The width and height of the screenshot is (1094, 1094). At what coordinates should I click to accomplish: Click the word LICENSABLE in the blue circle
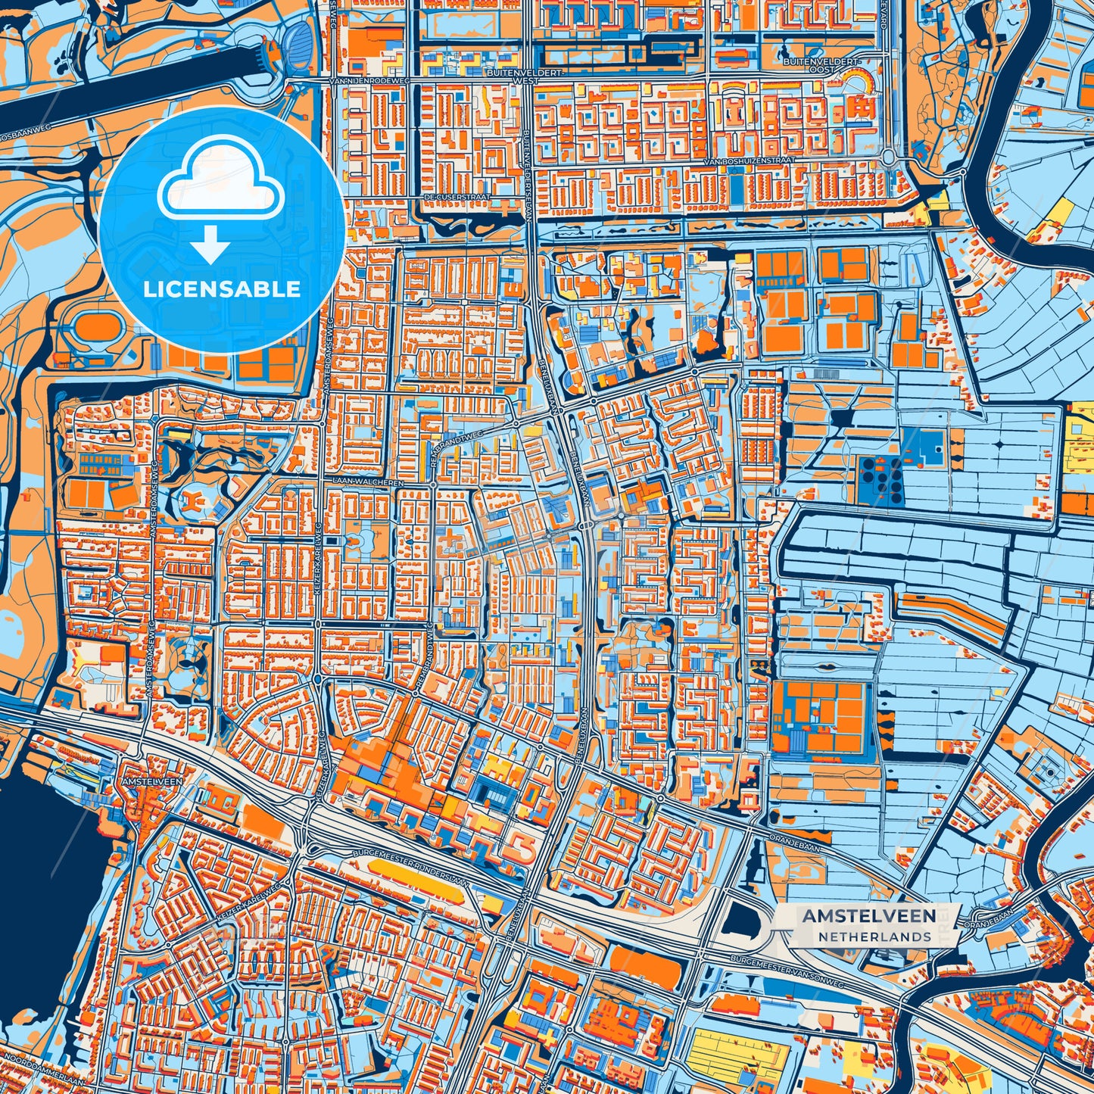click(221, 289)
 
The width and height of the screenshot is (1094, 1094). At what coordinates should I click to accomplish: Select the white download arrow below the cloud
click(210, 244)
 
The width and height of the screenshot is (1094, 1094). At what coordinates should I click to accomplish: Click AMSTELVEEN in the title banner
click(868, 916)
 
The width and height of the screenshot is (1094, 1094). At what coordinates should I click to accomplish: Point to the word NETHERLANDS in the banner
click(874, 937)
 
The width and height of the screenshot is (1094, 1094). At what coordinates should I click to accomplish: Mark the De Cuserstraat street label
click(457, 197)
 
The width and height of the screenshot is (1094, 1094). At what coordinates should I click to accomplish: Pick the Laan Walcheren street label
click(360, 482)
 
